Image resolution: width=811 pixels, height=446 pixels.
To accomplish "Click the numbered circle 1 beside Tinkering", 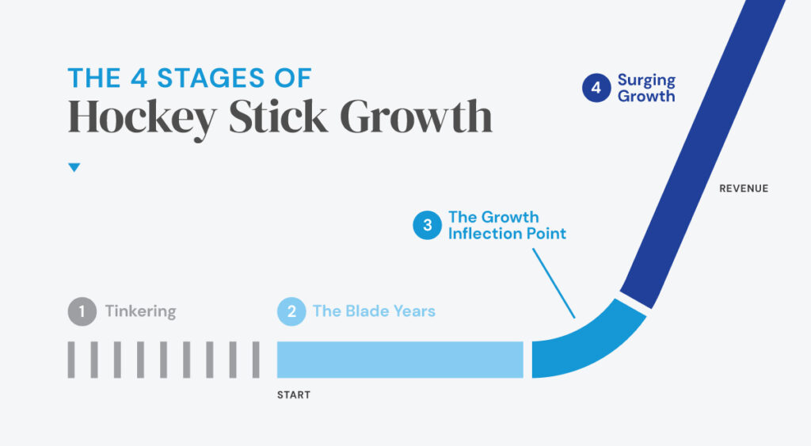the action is (x=82, y=311).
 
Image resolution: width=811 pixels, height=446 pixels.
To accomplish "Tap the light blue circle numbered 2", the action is (x=291, y=311).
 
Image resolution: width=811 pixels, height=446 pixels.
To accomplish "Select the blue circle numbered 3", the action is (x=427, y=225).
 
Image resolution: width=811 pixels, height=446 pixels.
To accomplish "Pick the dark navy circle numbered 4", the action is (x=596, y=87).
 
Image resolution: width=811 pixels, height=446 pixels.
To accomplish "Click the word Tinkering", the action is (x=141, y=311).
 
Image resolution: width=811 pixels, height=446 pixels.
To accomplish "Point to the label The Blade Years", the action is (x=374, y=311).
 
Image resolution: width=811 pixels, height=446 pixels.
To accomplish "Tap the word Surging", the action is (x=646, y=81).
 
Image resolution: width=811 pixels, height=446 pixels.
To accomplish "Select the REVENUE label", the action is (x=744, y=189).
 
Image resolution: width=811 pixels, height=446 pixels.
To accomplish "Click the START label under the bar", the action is (x=294, y=395).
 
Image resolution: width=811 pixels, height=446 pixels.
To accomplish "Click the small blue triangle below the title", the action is (x=74, y=168).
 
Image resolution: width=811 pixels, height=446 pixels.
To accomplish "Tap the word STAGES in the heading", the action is (x=211, y=78).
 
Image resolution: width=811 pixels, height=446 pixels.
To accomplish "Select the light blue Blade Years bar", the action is (x=400, y=360).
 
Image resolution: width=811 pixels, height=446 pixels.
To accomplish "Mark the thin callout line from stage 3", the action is (x=554, y=283).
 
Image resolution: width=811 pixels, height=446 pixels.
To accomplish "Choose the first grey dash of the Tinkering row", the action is (x=70, y=360).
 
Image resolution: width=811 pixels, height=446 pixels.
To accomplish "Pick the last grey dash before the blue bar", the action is (x=256, y=360).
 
